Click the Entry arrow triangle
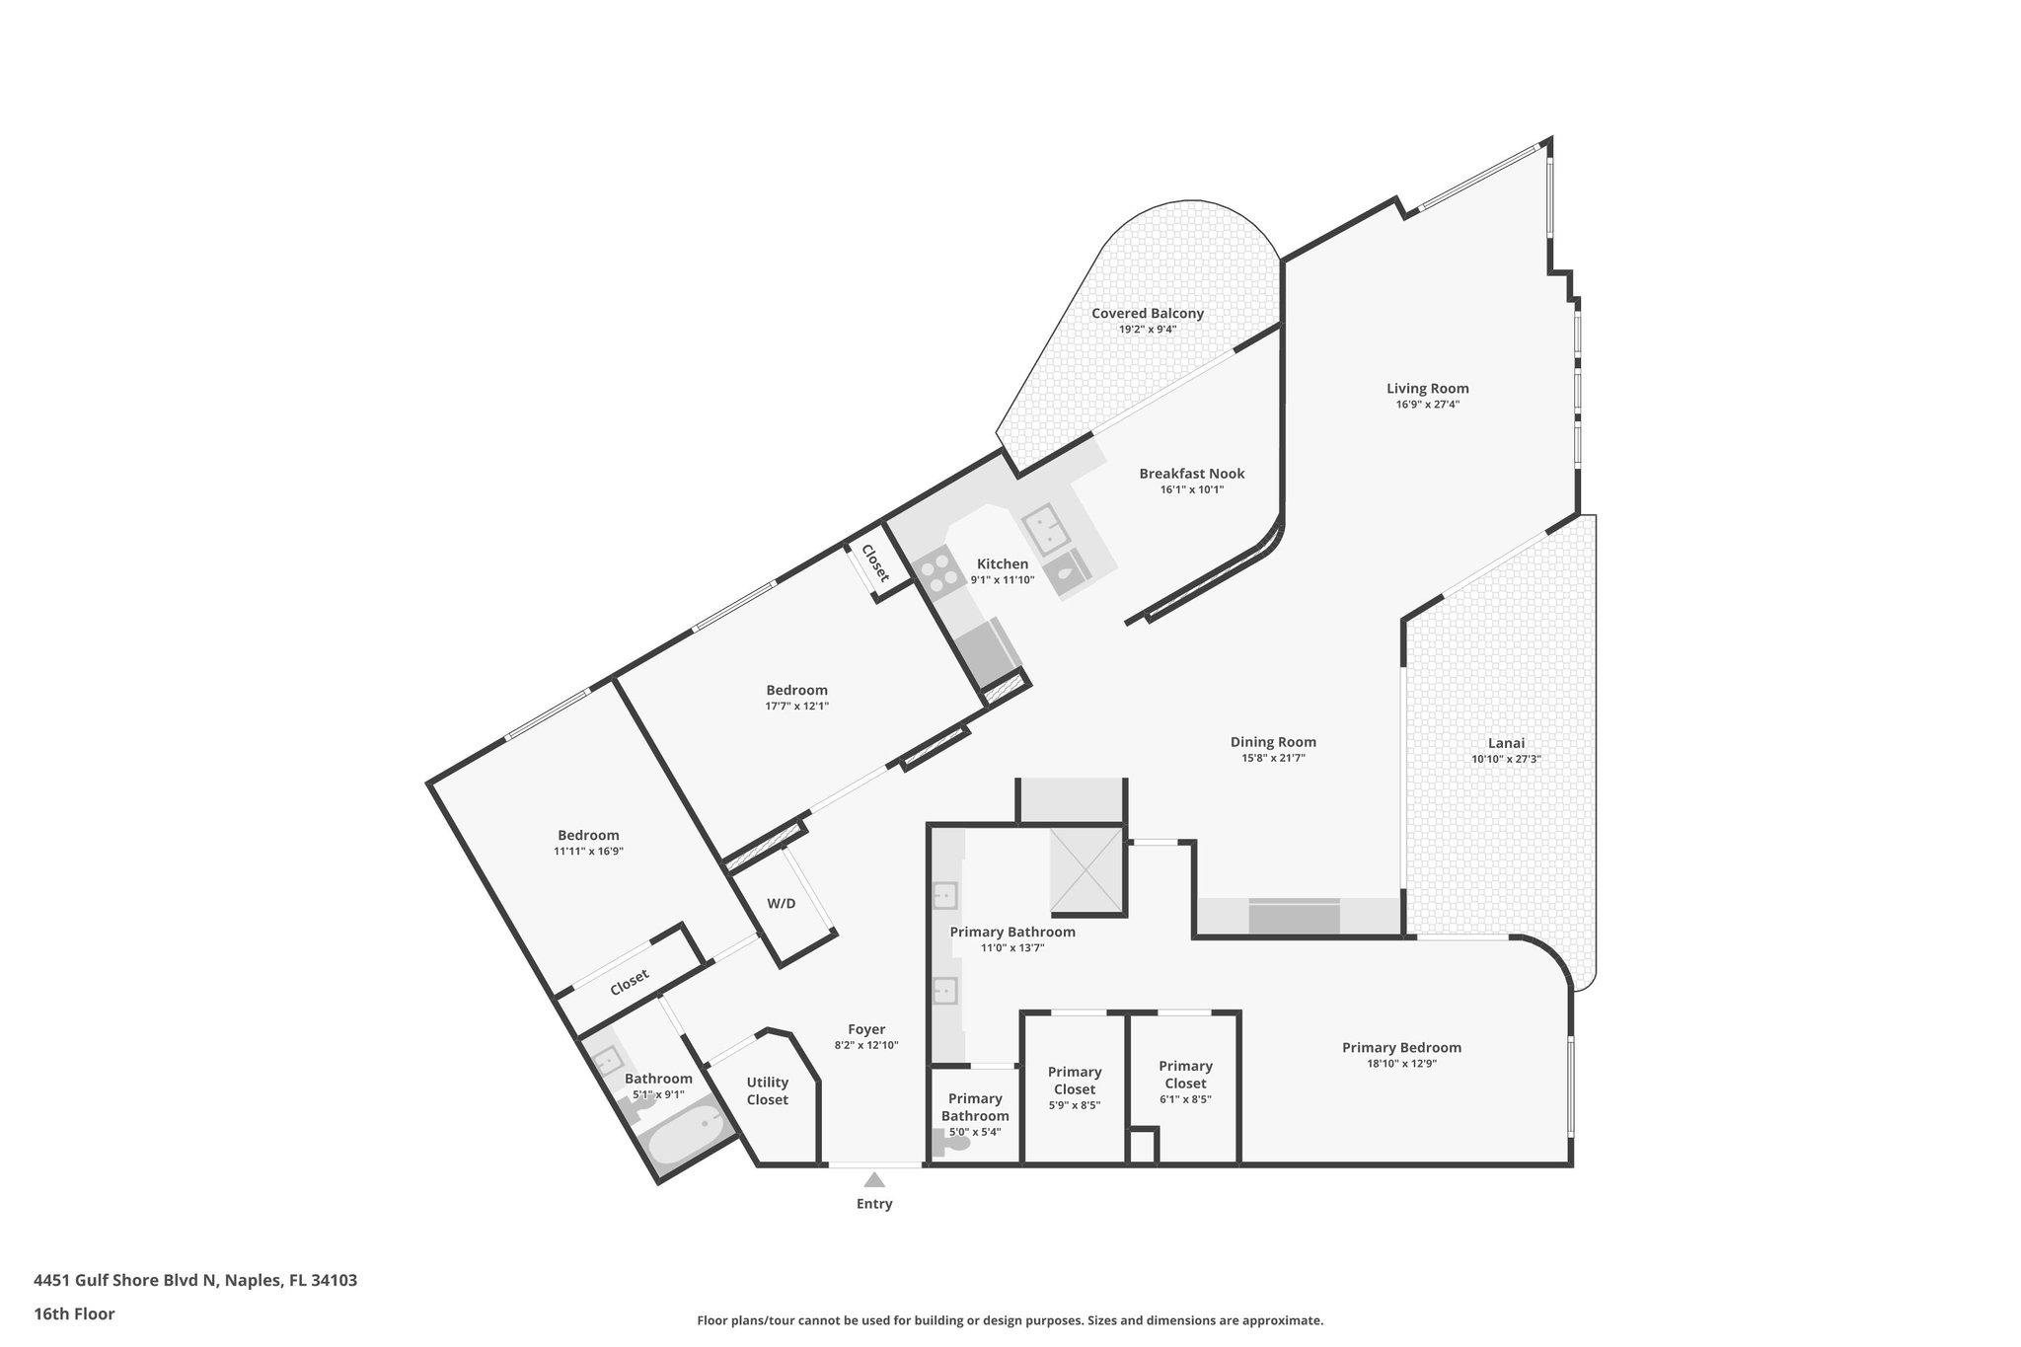pyautogui.click(x=874, y=1178)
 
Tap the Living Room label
pyautogui.click(x=1427, y=389)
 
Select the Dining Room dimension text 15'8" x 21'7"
pyautogui.click(x=1273, y=758)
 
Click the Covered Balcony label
pyautogui.click(x=1148, y=314)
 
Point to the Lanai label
pyautogui.click(x=1506, y=743)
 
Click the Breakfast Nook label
pyautogui.click(x=1192, y=474)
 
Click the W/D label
pyautogui.click(x=782, y=903)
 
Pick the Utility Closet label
pyautogui.click(x=767, y=1091)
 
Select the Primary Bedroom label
pyautogui.click(x=1401, y=1048)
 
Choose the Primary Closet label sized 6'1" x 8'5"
pyautogui.click(x=1185, y=1075)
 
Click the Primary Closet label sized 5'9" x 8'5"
pyautogui.click(x=1075, y=1081)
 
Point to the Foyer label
pyautogui.click(x=866, y=1029)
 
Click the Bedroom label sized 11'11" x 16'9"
pyautogui.click(x=588, y=836)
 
